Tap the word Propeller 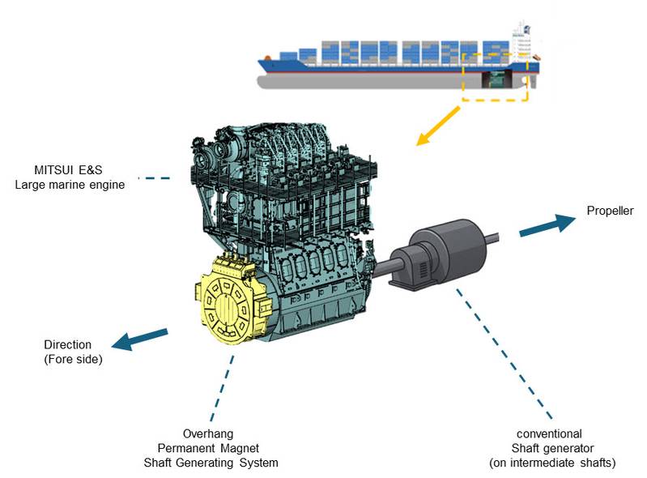610,211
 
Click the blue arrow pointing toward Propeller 547,224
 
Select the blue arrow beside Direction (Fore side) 140,339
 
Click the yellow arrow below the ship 438,126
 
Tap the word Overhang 208,433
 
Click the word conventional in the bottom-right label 549,433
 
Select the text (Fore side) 73,359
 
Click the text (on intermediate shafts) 552,463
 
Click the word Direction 68,344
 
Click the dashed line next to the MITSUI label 154,178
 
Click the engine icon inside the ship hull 497,79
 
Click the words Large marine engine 70,185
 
